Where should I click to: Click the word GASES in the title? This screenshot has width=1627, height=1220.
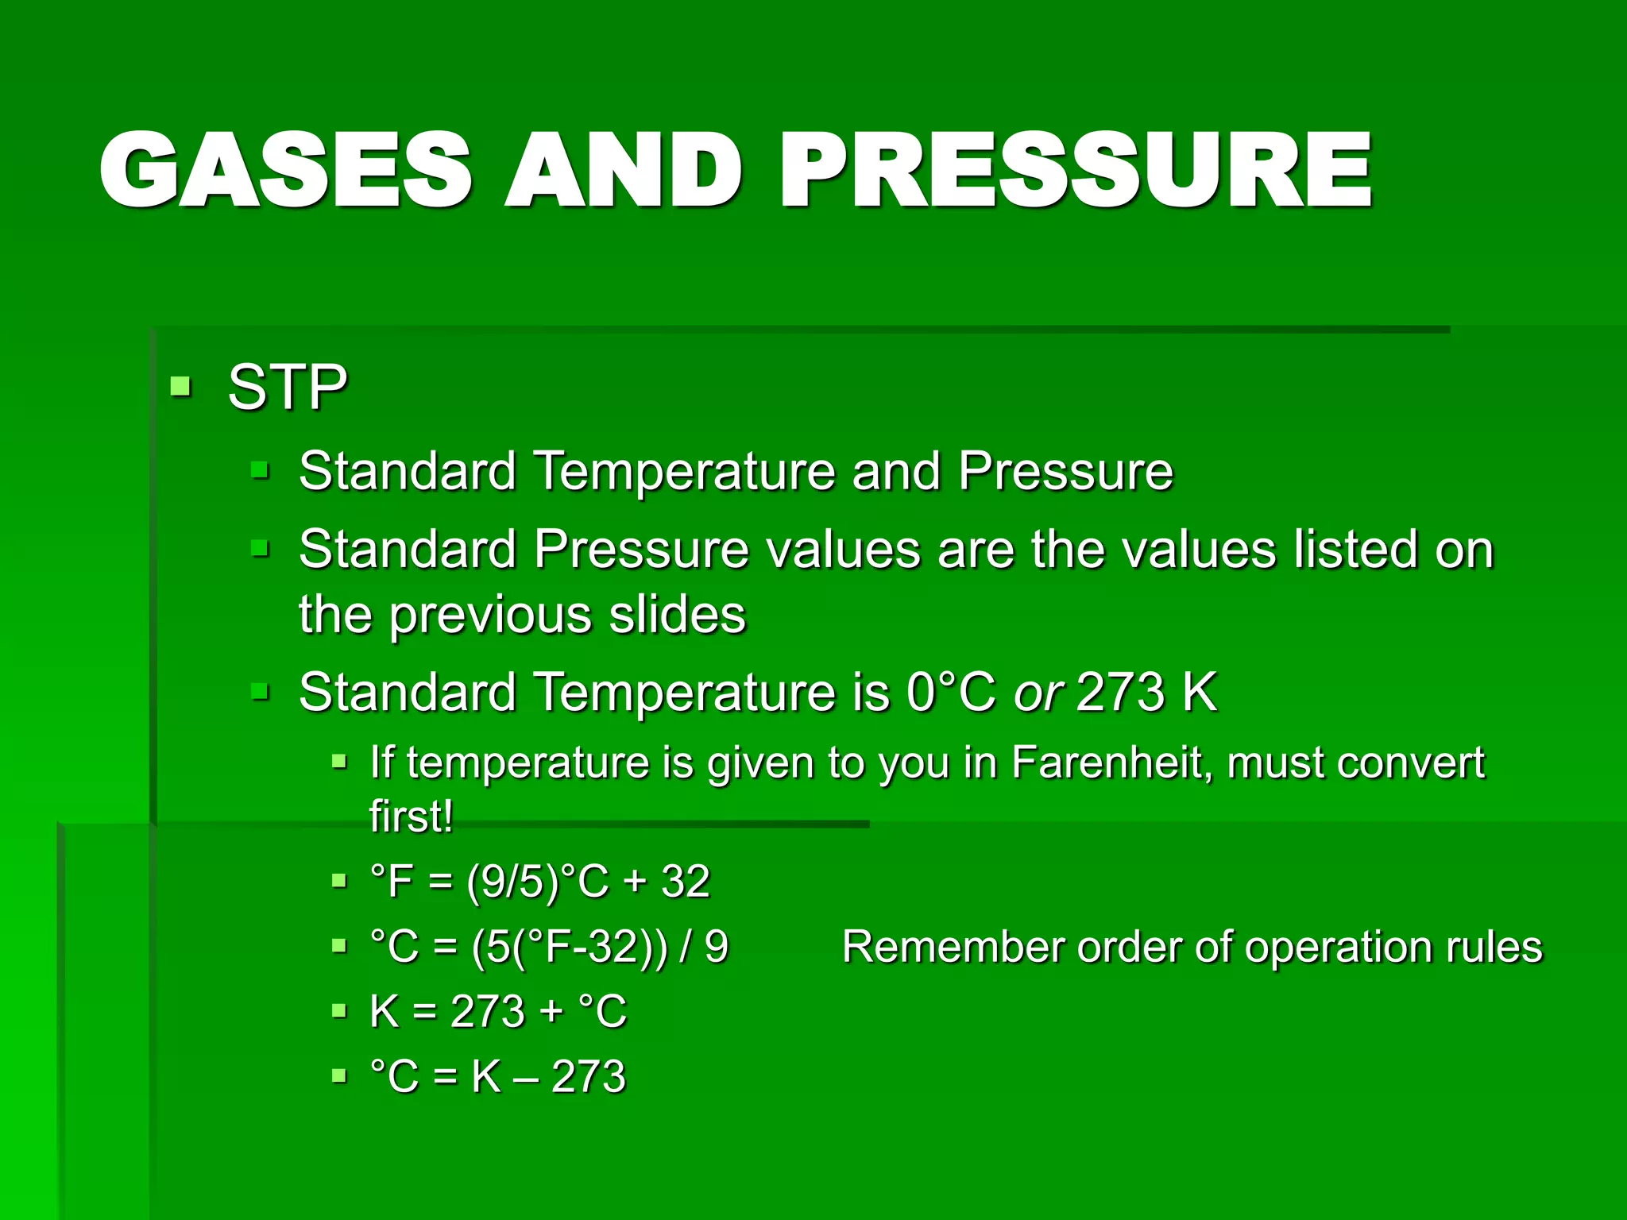(x=286, y=171)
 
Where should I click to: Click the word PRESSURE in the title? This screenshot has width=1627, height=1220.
(x=1076, y=171)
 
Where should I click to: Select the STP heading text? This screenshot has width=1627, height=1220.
(x=288, y=388)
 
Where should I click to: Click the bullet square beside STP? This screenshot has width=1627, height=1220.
(x=181, y=388)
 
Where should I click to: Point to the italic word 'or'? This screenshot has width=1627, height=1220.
(x=1038, y=693)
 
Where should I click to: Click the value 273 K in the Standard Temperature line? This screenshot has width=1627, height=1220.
(x=1146, y=693)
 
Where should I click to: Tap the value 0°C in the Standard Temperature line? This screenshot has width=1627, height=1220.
(x=951, y=693)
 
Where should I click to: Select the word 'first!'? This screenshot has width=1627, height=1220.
(x=411, y=817)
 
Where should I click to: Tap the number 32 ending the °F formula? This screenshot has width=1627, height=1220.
(x=686, y=882)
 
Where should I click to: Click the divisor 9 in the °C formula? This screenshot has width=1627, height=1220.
(x=717, y=947)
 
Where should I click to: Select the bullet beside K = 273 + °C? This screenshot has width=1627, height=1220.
(x=339, y=1012)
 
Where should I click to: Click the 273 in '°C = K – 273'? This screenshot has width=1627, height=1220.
(x=589, y=1077)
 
